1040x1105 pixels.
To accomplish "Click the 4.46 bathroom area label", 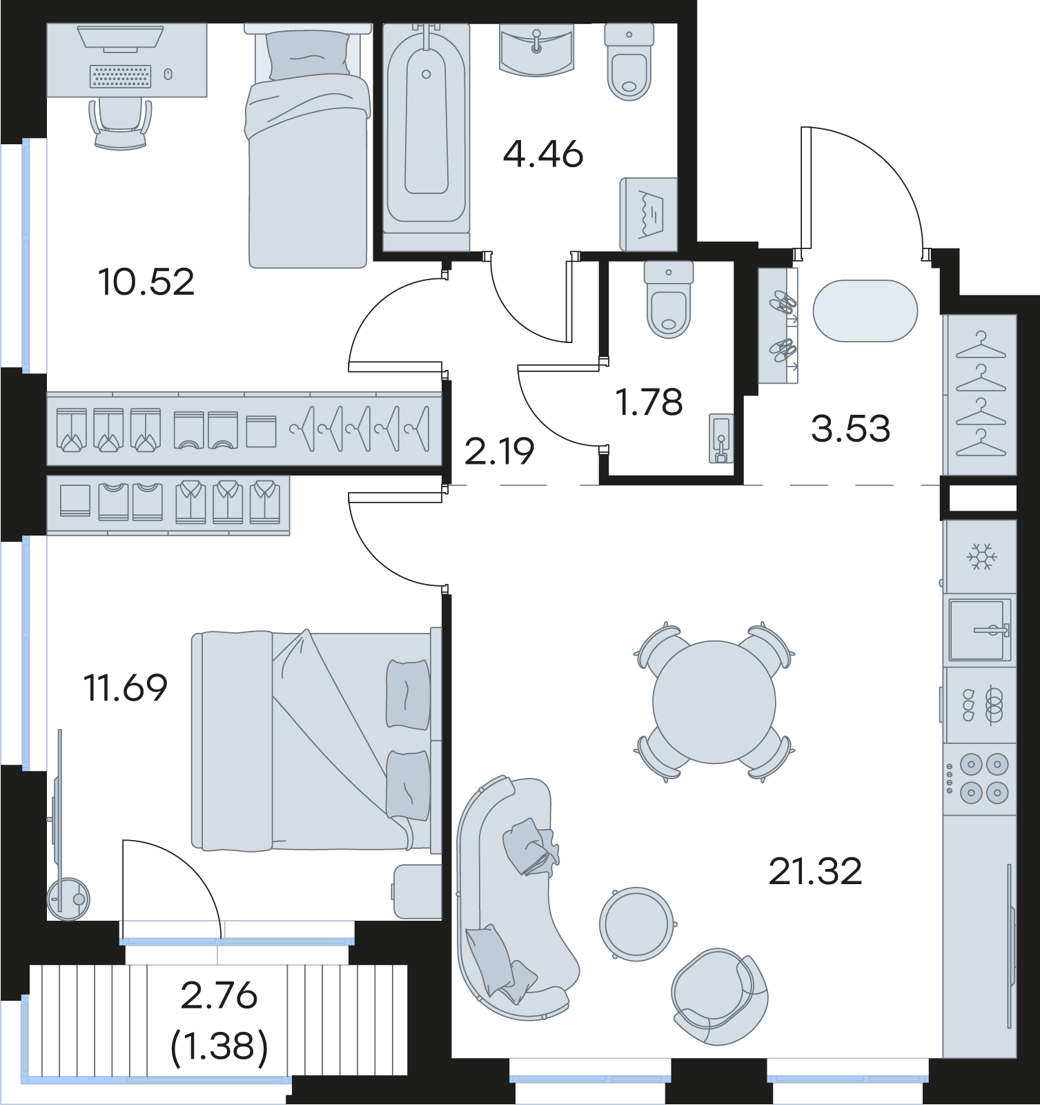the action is tap(543, 154).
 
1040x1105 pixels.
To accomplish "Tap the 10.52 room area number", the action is tap(146, 282).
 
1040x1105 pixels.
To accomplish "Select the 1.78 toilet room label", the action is tap(650, 402).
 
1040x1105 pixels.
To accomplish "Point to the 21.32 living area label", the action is tap(815, 872).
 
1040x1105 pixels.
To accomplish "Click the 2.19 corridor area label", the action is tap(500, 452).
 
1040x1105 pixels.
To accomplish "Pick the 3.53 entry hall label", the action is tap(851, 429).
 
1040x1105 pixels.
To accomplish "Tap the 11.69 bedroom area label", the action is tap(126, 687).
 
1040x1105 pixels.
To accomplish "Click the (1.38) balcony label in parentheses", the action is tap(219, 1048).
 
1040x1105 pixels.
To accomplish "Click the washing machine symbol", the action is tap(649, 215).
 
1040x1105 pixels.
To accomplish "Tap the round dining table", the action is tap(714, 702).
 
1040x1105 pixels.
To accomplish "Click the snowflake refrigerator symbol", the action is tap(980, 556).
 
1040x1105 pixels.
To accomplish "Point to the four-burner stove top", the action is tap(980, 779).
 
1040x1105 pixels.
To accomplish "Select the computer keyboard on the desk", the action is tap(121, 76).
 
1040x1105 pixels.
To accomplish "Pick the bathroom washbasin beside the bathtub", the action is tap(536, 49).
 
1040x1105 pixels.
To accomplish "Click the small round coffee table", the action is tap(636, 924).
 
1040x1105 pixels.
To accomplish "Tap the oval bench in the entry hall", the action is tap(865, 311).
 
